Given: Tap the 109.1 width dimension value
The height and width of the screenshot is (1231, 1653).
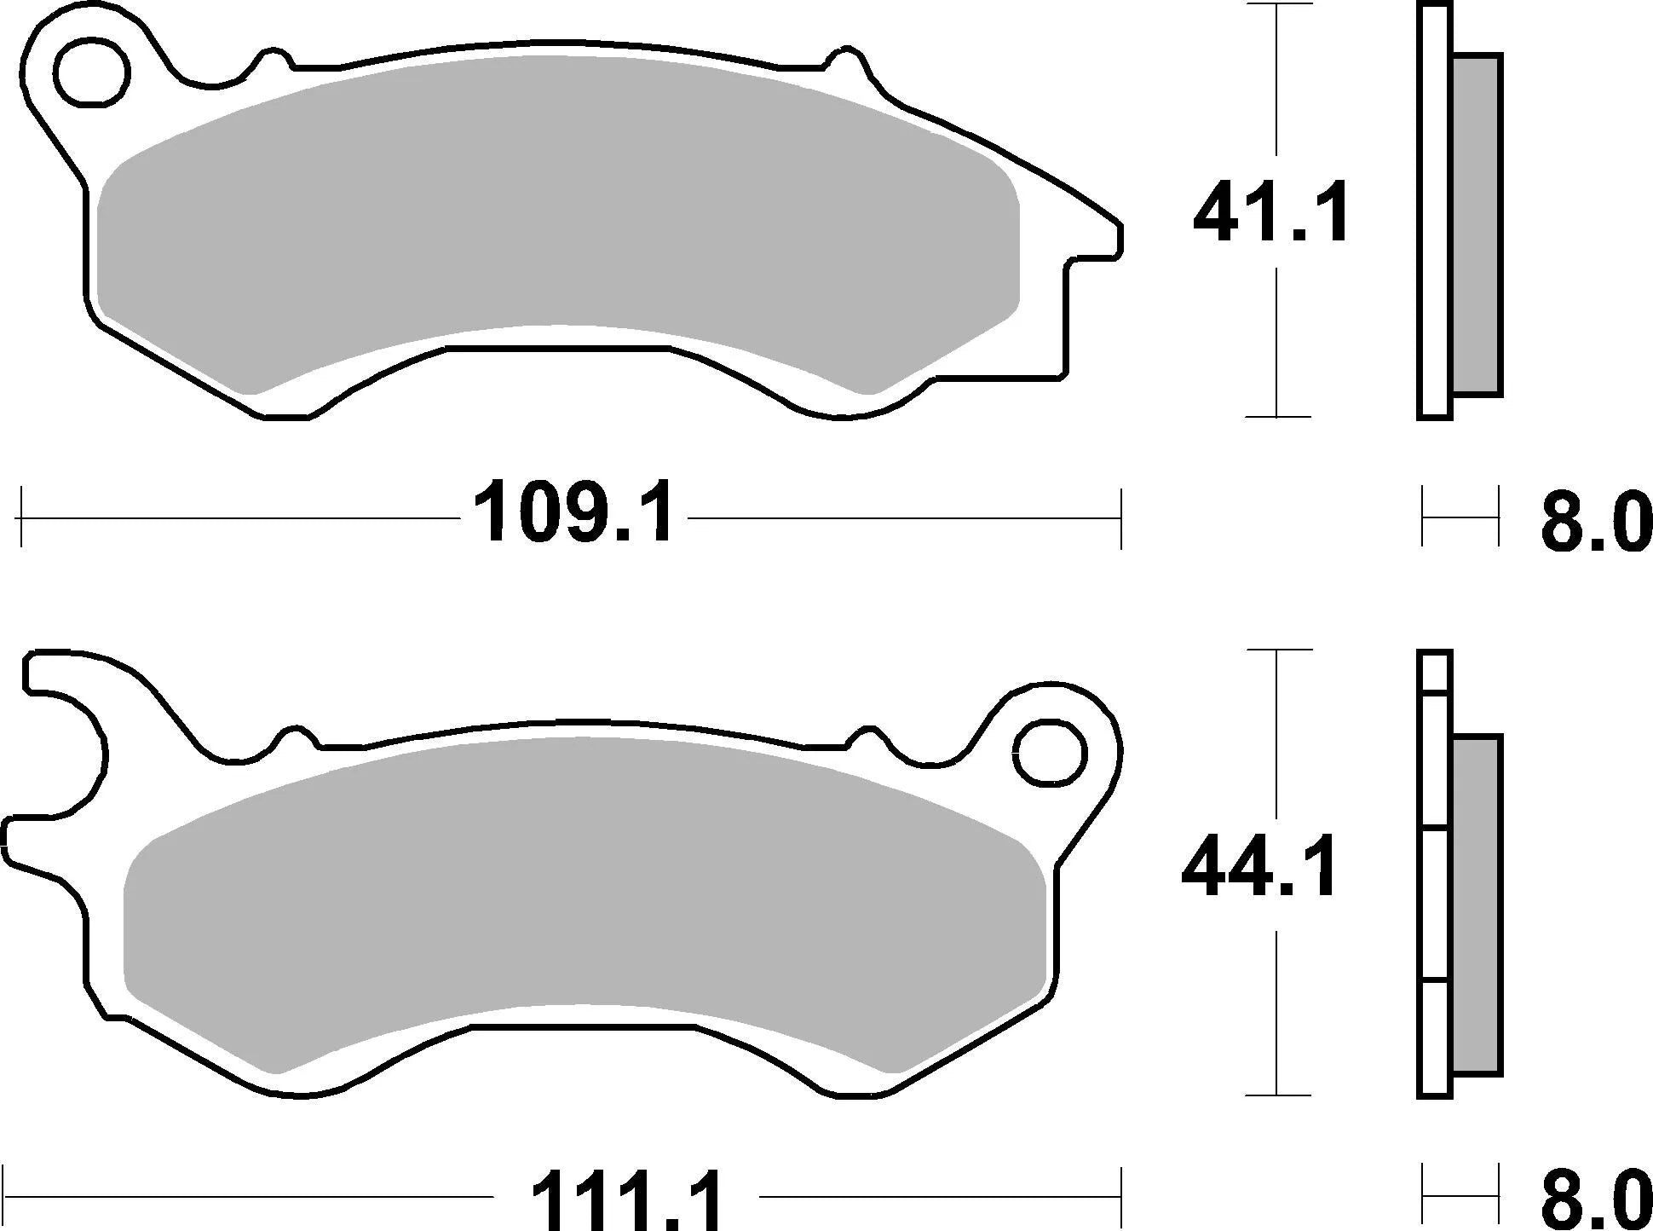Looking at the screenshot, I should tap(573, 515).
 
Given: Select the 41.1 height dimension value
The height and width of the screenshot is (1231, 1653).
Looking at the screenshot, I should tap(1271, 213).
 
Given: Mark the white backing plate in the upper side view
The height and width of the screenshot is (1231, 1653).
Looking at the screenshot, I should tap(1434, 213).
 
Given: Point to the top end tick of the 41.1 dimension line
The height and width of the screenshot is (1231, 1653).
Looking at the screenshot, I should tap(1276, 5).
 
